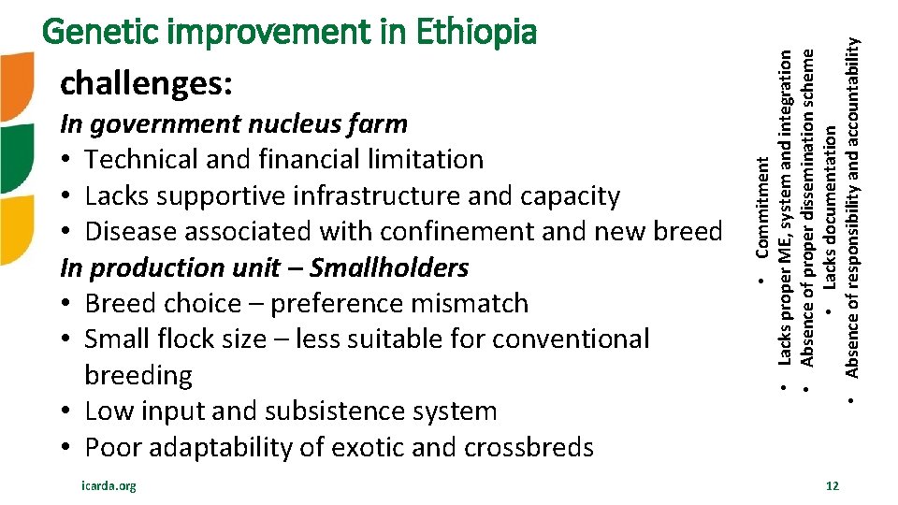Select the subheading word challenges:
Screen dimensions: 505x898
[146, 84]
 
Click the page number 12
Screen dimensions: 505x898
[833, 485]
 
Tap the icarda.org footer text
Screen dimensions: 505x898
[109, 485]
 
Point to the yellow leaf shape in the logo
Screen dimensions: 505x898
[16, 228]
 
